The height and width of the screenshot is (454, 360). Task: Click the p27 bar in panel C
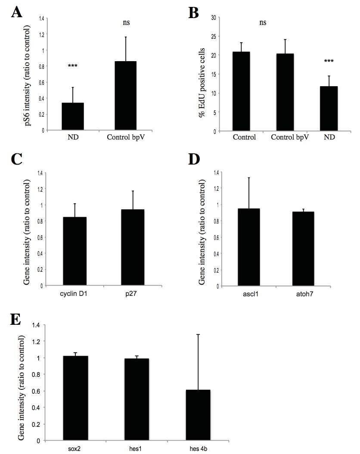coord(133,247)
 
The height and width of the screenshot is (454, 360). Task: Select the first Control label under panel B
coord(244,138)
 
